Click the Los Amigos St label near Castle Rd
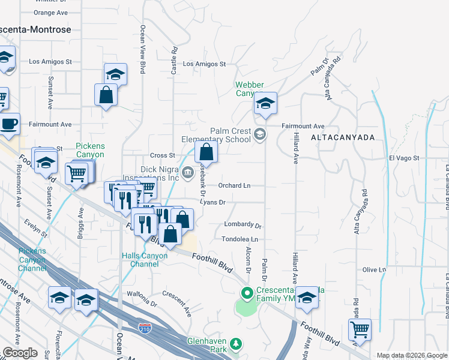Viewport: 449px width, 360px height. coord(203,64)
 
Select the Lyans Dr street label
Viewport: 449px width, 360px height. coord(212,203)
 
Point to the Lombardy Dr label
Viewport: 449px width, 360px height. coord(243,226)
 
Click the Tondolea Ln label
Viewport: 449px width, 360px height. coord(240,239)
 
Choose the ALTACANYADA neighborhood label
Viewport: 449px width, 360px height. coord(343,137)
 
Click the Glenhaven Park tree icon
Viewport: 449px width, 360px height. coord(237,343)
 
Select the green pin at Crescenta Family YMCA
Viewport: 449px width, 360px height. coord(246,294)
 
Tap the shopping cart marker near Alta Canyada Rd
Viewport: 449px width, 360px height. coord(360,329)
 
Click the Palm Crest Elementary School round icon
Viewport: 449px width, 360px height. coord(259,134)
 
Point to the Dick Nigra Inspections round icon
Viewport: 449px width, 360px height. coord(188,174)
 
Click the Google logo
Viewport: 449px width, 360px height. coord(19,353)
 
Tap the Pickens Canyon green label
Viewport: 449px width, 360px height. coord(90,150)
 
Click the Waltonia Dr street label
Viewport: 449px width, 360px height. coord(142,295)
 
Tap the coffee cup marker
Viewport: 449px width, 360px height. coord(8,125)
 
